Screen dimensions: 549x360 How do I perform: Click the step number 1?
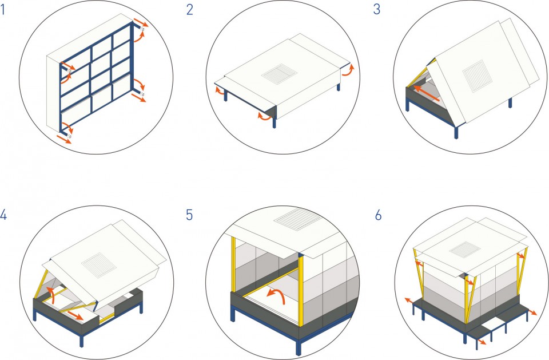[3, 9]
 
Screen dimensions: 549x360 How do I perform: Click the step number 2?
[190, 10]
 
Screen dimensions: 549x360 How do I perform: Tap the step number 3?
[377, 9]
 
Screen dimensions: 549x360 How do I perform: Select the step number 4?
[3, 215]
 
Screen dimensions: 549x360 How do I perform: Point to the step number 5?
[189, 215]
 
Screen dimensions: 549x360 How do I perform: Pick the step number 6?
[378, 215]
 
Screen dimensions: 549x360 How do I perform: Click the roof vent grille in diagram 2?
[280, 74]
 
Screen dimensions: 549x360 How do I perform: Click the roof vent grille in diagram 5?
[297, 220]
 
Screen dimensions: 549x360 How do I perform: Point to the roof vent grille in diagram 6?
[464, 249]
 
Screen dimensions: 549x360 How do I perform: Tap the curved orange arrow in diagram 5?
[277, 296]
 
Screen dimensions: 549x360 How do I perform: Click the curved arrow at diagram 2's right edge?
[348, 70]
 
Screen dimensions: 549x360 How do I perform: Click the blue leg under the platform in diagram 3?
[456, 132]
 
